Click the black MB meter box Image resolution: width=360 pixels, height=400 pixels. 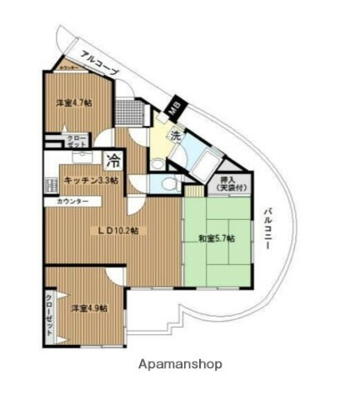(x=175, y=107)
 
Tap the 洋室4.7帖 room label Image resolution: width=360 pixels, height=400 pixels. (x=74, y=102)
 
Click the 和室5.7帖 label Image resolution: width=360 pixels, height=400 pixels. (x=216, y=238)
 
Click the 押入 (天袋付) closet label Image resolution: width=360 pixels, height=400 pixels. (x=227, y=185)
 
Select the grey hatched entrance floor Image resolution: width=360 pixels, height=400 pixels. (x=126, y=111)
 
